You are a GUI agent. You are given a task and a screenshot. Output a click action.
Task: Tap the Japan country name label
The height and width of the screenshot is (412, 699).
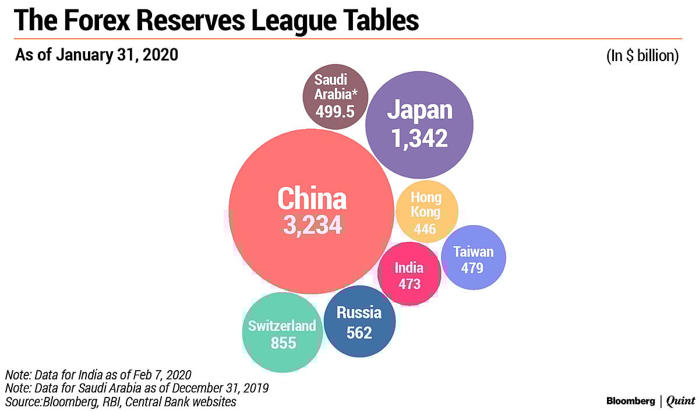[x=419, y=111]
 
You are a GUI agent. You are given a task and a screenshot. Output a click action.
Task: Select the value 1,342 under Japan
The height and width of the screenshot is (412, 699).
[x=419, y=138]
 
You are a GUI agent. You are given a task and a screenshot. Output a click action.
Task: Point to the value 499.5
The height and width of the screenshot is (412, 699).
[x=334, y=111]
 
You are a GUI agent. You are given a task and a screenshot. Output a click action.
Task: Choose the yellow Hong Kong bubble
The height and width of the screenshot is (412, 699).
[x=426, y=210]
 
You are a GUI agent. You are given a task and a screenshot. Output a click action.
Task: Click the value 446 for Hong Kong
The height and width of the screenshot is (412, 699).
[x=425, y=229]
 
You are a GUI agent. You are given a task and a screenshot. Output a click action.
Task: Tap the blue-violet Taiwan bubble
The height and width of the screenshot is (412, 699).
[x=473, y=257]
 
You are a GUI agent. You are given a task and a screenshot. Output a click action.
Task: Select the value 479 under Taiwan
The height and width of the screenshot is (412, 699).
[x=473, y=268]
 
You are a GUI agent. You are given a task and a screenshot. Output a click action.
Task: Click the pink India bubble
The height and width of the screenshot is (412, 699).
[x=409, y=274]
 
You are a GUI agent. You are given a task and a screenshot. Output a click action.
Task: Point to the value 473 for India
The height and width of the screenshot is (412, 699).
[x=409, y=284]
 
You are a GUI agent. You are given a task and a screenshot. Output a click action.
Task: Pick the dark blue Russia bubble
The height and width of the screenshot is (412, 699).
[x=359, y=321]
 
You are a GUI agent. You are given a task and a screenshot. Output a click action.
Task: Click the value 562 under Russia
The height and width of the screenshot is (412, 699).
[x=359, y=332]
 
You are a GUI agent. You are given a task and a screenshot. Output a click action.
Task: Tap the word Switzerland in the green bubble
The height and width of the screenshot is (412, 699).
[x=282, y=326]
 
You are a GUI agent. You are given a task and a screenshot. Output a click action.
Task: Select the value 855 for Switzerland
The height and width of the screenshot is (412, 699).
[x=283, y=343]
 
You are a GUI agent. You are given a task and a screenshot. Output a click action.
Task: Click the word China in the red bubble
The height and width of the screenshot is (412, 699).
[x=312, y=198]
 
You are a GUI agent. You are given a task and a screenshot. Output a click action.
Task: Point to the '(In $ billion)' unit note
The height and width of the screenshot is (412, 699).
[x=642, y=56]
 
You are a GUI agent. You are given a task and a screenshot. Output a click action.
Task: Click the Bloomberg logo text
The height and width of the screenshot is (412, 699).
[x=630, y=401]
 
